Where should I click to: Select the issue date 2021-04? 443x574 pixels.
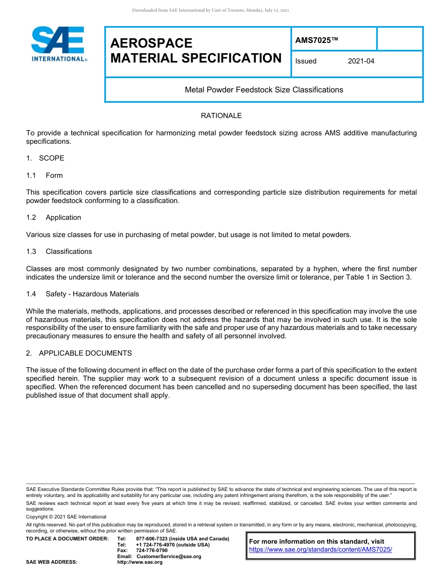pyautogui.click(x=361, y=61)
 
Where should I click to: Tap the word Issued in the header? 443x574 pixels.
pyautogui.click(x=306, y=61)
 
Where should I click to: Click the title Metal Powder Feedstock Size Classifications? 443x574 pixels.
pyautogui.click(x=264, y=90)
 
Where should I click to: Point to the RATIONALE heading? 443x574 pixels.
pyautogui.click(x=221, y=116)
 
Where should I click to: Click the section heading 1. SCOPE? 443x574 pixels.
pyautogui.click(x=45, y=158)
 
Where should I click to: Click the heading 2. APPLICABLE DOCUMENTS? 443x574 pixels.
pyautogui.click(x=79, y=353)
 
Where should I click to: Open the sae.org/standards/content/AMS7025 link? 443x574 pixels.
pyautogui.click(x=320, y=550)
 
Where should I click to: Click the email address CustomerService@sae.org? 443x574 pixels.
pyautogui.click(x=169, y=556)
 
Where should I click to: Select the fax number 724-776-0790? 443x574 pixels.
pyautogui.click(x=152, y=551)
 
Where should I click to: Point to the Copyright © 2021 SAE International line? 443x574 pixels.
pyautogui.click(x=66, y=517)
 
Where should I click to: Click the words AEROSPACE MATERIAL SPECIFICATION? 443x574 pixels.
pyautogui.click(x=196, y=51)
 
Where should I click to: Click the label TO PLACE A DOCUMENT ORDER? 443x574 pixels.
pyautogui.click(x=67, y=539)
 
